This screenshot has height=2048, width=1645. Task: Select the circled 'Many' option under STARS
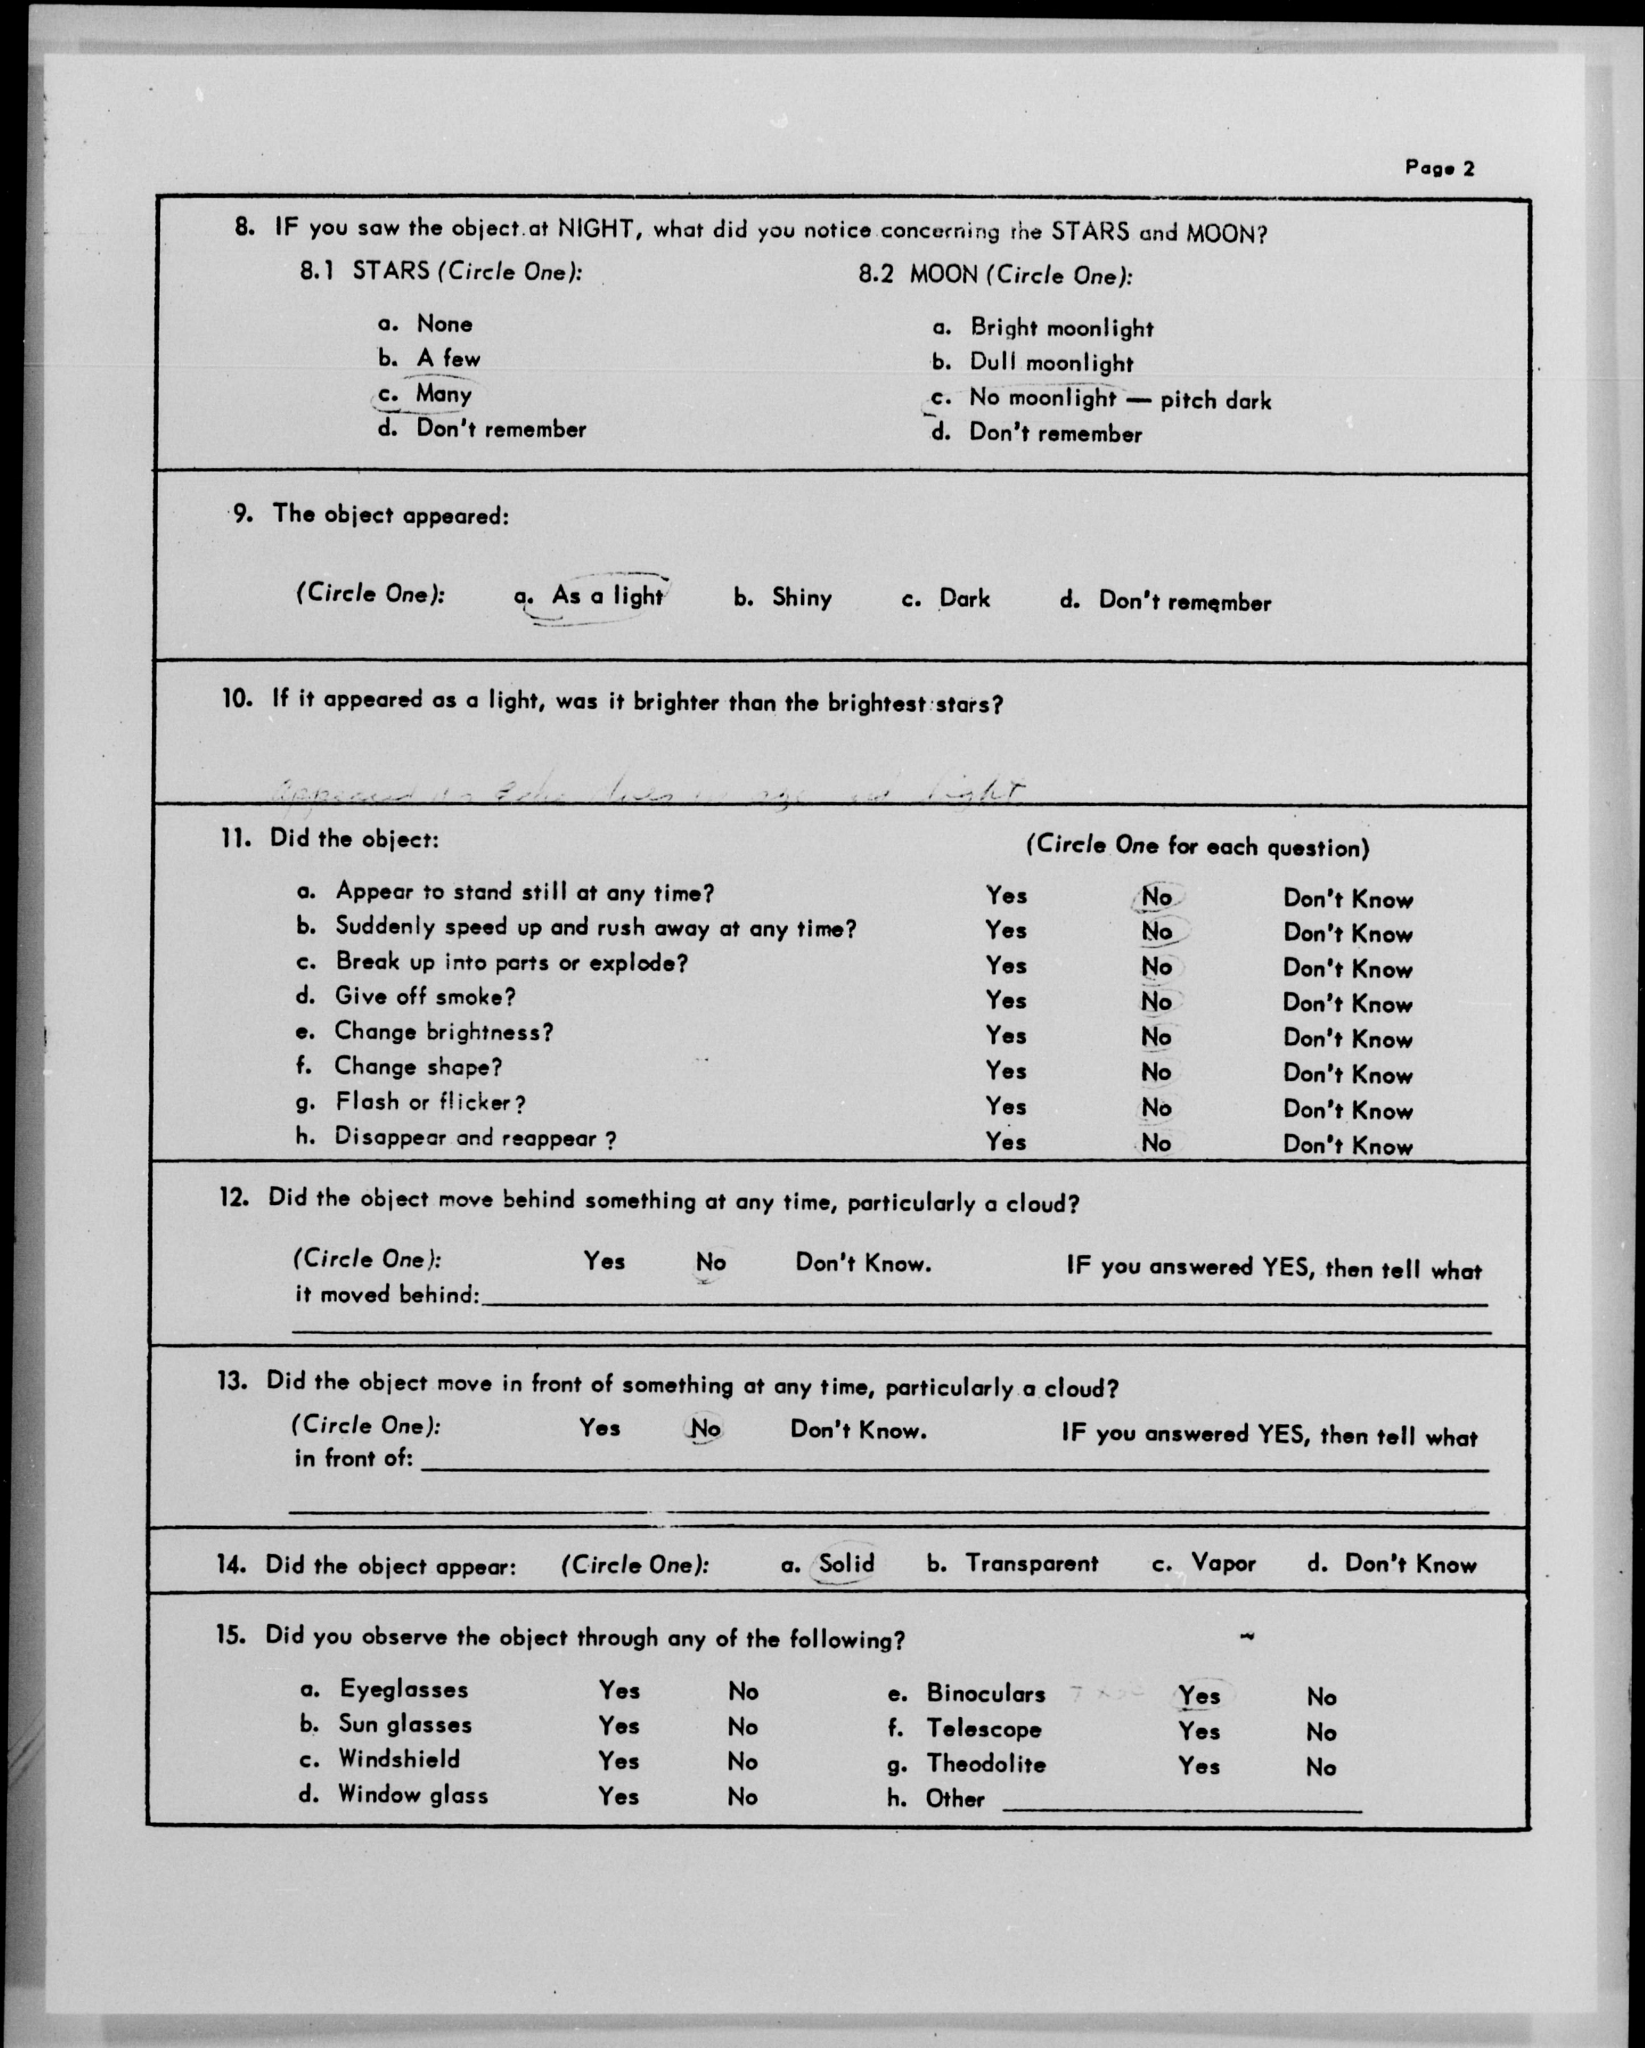[443, 394]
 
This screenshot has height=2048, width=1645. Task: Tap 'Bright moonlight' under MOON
[1061, 329]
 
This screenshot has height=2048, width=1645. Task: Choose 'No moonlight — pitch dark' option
[1119, 399]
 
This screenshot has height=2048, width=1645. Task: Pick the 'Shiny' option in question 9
[801, 597]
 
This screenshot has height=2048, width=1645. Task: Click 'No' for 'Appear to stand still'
[1156, 897]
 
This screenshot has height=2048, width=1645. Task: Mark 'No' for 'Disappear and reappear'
[1156, 1142]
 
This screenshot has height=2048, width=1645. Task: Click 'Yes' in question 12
[604, 1261]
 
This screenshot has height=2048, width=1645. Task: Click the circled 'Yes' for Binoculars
[1198, 1695]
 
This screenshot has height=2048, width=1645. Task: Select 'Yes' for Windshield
[619, 1760]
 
